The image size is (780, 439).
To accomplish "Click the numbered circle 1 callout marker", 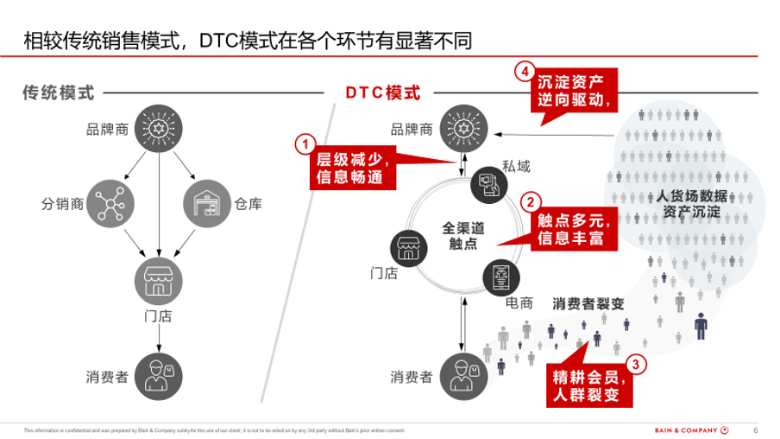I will [305, 143].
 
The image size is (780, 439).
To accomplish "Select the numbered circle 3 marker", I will [636, 364].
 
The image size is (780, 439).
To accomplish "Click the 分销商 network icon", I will [110, 203].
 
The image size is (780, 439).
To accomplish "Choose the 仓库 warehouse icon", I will [205, 203].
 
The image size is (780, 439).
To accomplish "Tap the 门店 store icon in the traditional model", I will [157, 277].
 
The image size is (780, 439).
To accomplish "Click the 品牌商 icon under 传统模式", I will [157, 130].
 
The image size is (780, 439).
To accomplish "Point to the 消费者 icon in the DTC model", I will [462, 376].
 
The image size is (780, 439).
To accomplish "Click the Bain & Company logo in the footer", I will [689, 429].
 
